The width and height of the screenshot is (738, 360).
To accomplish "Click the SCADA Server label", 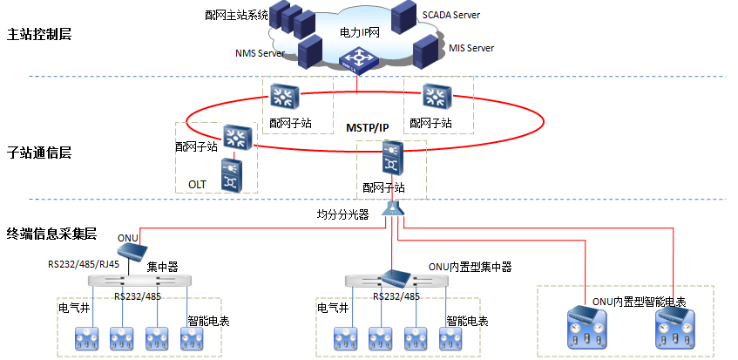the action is pos(450,15).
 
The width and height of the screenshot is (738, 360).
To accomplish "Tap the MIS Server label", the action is pos(471,48).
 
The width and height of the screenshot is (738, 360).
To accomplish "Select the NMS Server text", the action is pos(260,53).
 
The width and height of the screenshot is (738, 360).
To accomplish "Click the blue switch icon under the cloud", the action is pos(359,61).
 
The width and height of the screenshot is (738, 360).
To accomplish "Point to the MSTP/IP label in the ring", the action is pos(368,127).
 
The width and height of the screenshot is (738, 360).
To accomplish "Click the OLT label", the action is pos(197,184).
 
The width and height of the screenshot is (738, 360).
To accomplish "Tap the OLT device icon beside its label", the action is pos(232,175).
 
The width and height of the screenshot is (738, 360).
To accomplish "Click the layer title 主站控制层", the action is pos(39,34).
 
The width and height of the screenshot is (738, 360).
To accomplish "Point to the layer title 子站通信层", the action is pos(39,153).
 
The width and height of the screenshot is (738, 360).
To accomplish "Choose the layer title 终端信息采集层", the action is pos(51,234).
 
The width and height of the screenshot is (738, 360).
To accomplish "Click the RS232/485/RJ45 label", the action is pos(84,264).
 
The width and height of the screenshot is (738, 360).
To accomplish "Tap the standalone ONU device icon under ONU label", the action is pos(132,249).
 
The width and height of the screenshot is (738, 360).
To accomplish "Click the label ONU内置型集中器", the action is pos(470,267).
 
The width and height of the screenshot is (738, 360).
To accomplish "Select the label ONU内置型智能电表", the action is pos(639,302).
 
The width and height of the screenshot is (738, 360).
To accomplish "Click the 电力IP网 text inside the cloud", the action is pos(359,32).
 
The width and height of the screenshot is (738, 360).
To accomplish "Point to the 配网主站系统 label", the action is pos(236,16).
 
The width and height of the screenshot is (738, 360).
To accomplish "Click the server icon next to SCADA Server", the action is pos(404,17).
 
